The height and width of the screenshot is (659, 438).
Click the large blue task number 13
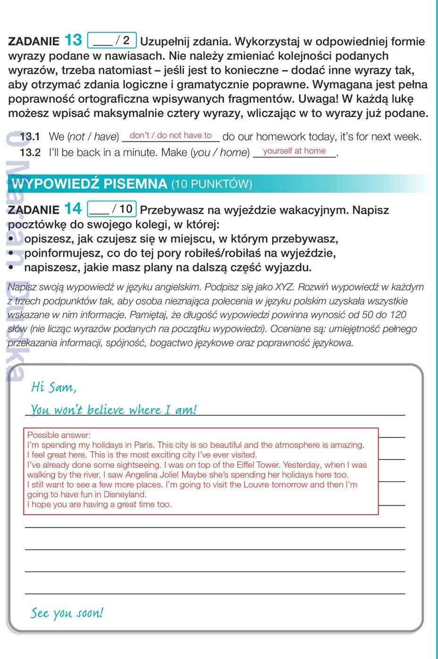(73, 40)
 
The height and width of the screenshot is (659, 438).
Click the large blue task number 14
(73, 209)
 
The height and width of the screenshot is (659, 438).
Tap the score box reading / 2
(112, 40)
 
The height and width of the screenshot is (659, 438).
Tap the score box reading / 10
(112, 209)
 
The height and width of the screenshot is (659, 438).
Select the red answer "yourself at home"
(294, 151)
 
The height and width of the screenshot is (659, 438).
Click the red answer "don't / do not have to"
(171, 135)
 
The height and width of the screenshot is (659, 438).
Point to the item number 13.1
(30, 137)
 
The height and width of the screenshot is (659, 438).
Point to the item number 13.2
(30, 152)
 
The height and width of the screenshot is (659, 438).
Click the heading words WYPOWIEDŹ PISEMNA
(90, 184)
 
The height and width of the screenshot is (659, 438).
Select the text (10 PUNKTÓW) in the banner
(211, 184)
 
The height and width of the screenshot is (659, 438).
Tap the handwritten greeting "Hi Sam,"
(53, 387)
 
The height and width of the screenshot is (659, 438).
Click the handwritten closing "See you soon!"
(67, 613)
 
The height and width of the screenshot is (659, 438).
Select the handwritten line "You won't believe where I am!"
(113, 409)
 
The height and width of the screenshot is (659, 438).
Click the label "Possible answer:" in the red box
(59, 435)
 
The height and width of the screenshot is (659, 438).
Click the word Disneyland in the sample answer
(125, 494)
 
